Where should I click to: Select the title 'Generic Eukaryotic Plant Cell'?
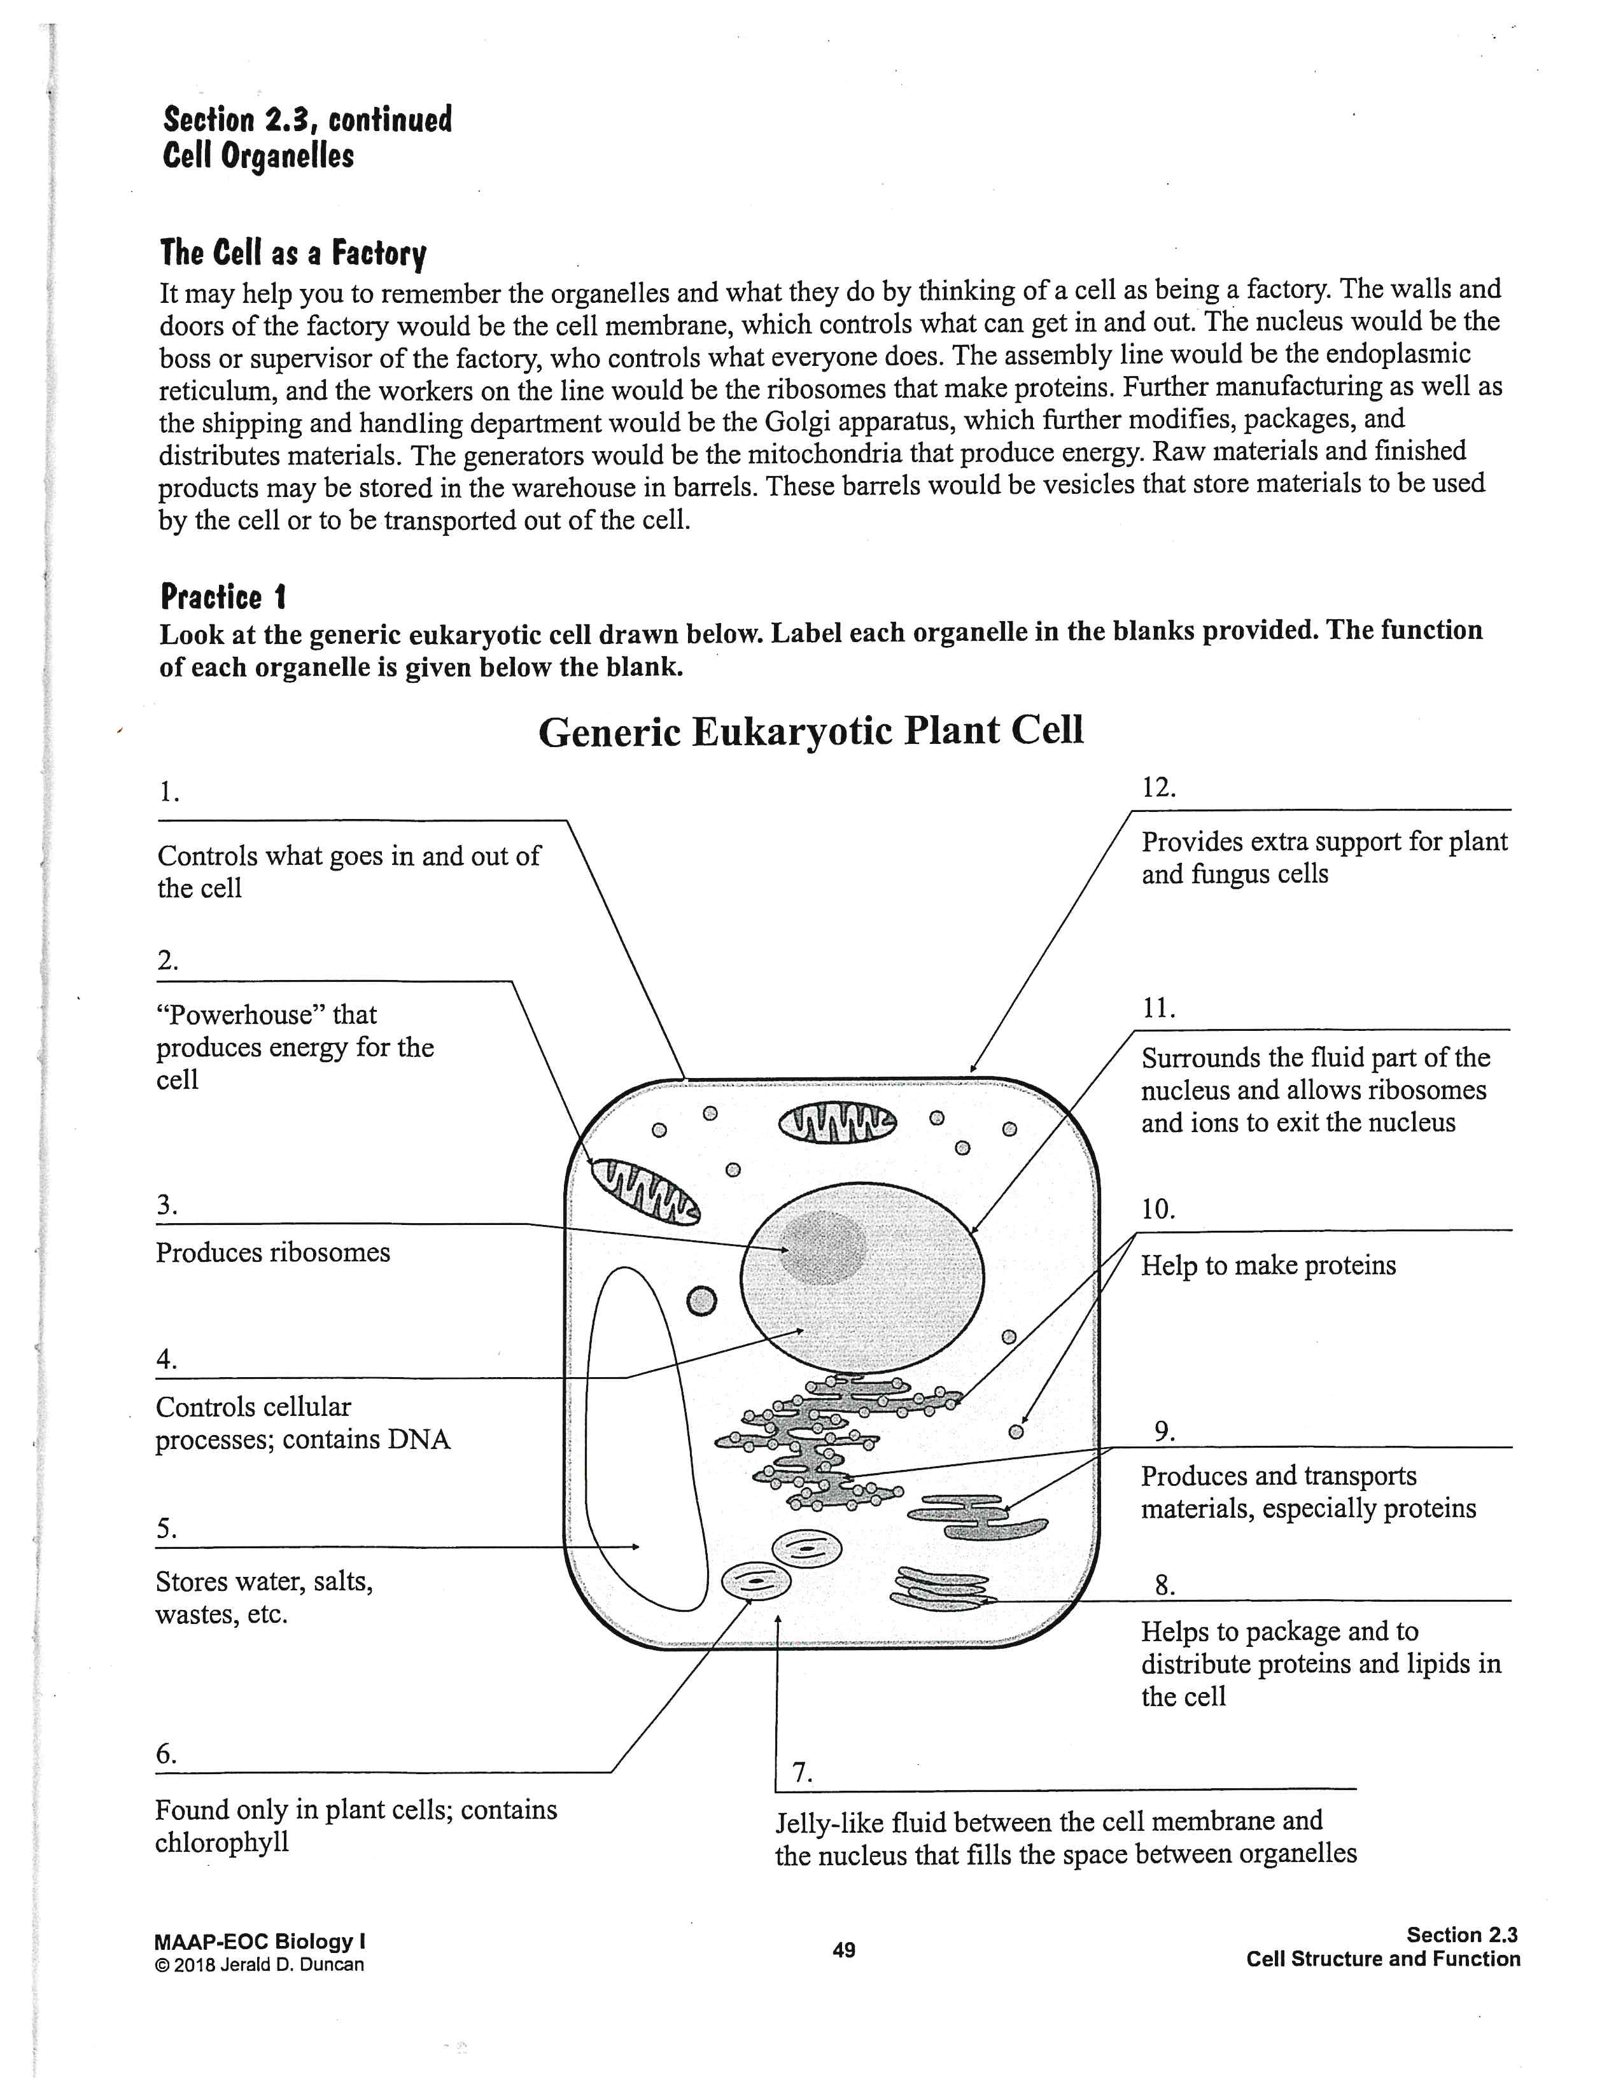810,732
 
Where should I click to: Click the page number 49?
843,1950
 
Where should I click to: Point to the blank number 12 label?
1158,788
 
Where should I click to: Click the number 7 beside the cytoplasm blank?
802,1773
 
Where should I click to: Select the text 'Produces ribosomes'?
273,1253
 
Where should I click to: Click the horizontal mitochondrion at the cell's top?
836,1122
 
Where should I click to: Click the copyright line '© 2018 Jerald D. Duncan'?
258,1964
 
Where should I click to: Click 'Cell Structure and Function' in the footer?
1382,1959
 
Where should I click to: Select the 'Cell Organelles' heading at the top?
258,157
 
